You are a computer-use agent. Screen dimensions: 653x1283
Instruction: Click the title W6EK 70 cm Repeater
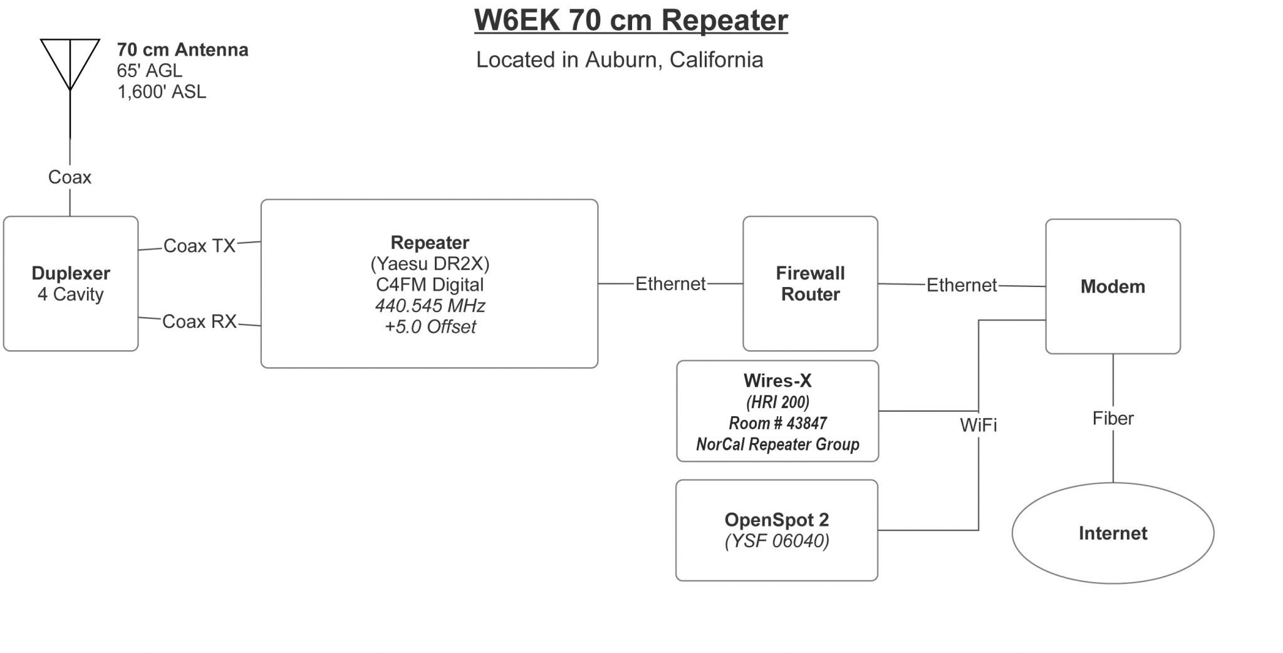click(x=631, y=20)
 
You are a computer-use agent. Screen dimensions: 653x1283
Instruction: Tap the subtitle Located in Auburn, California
click(x=620, y=60)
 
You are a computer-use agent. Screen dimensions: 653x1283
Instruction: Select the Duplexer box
click(x=71, y=283)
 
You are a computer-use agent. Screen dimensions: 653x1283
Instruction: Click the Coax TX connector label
click(x=199, y=246)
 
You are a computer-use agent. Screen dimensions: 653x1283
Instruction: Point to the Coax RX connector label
click(x=199, y=321)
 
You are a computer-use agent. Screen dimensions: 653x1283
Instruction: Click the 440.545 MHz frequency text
click(x=430, y=306)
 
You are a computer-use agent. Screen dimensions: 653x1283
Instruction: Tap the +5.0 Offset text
click(x=430, y=327)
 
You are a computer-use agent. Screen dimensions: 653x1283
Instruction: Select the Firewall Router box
click(x=810, y=283)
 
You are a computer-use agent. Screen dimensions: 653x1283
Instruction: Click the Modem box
click(x=1113, y=286)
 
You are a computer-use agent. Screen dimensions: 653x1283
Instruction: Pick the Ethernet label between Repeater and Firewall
click(x=670, y=284)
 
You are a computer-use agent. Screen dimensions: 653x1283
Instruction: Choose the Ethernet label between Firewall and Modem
click(x=961, y=285)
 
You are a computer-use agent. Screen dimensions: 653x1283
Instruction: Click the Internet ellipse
click(x=1113, y=533)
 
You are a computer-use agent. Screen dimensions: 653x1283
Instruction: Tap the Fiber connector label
click(x=1113, y=419)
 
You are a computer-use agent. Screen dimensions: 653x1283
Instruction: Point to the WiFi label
click(x=978, y=426)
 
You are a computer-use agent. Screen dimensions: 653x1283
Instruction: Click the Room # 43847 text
click(x=777, y=423)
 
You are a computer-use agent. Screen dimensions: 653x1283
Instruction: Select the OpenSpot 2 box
click(x=776, y=530)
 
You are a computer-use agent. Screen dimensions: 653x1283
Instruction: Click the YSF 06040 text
click(x=777, y=541)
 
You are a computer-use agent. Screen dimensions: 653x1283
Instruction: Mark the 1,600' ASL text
click(x=162, y=92)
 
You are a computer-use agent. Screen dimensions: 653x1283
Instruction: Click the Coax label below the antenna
click(x=70, y=177)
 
